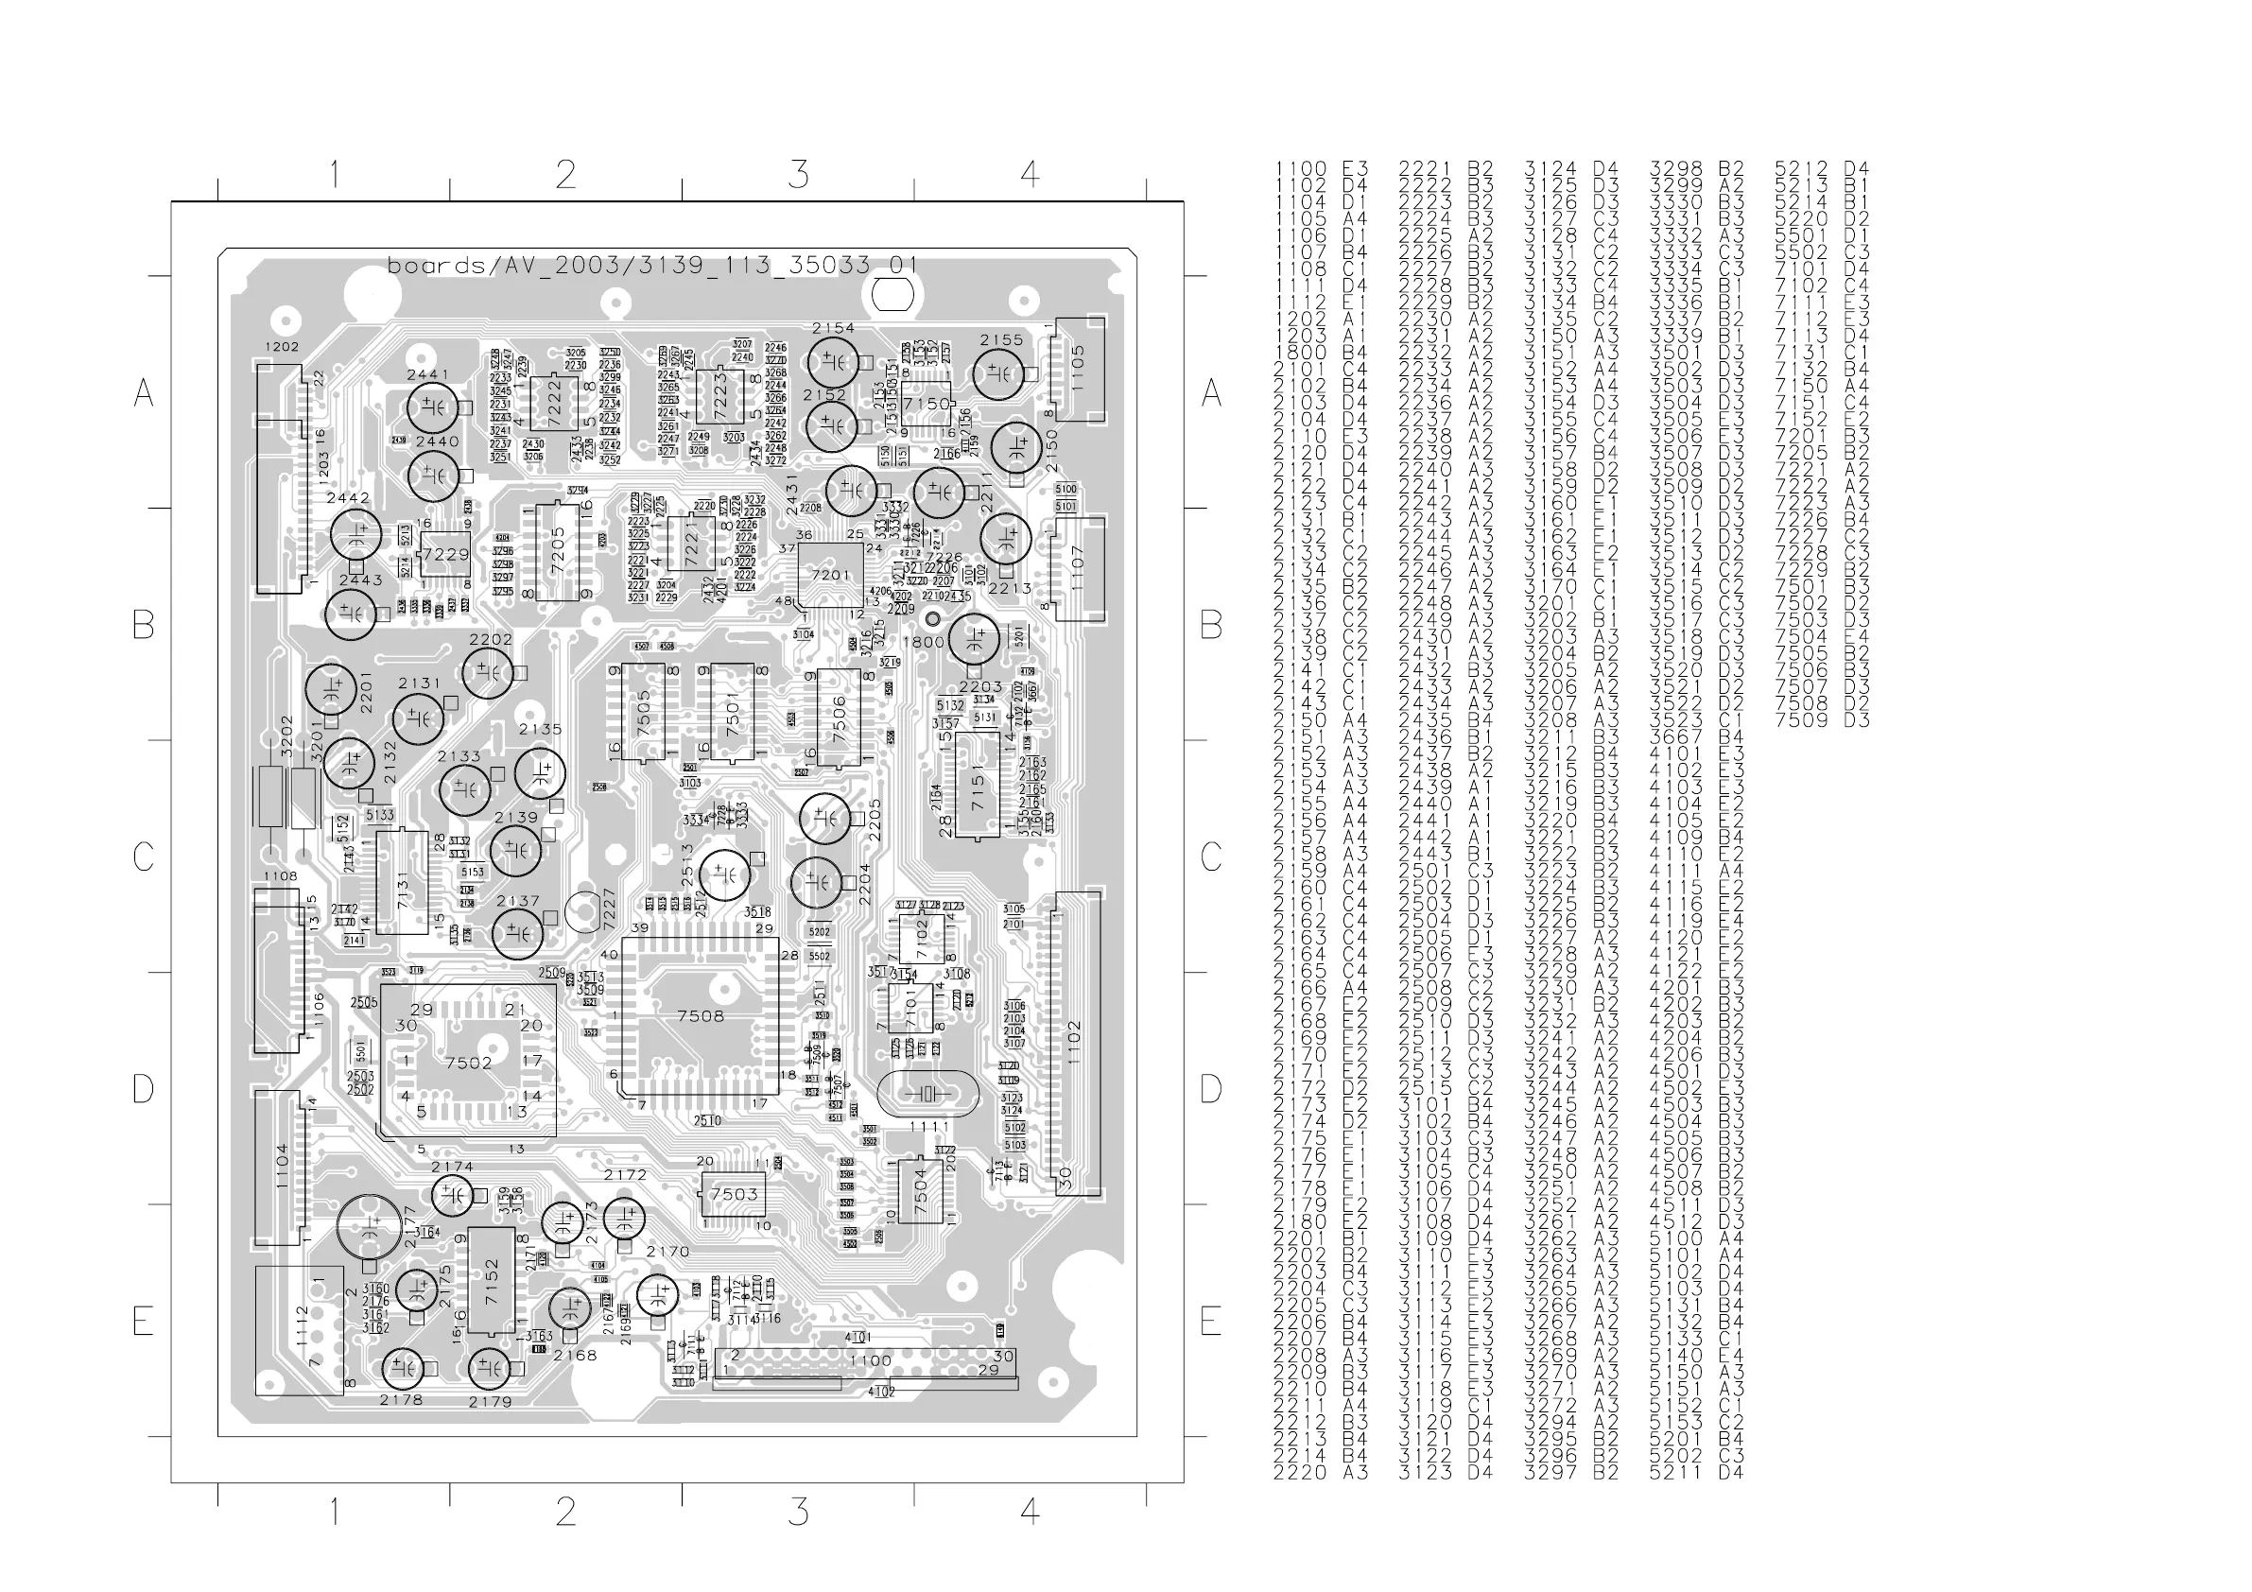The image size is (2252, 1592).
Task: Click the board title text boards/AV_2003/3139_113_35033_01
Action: [652, 265]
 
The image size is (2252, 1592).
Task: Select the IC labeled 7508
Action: [701, 1016]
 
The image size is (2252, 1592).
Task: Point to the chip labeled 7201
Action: [831, 576]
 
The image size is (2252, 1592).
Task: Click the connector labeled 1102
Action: [1076, 1043]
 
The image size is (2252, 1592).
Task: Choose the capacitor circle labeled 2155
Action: [998, 373]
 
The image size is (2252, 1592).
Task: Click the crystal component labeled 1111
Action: [927, 1094]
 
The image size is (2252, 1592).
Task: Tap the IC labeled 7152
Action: [492, 1280]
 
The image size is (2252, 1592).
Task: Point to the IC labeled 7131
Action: [402, 882]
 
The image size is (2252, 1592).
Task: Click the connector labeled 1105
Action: [1078, 369]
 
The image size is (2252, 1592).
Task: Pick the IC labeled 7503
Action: [734, 1195]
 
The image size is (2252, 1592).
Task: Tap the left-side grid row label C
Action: [143, 857]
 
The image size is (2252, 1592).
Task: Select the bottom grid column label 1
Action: [334, 1512]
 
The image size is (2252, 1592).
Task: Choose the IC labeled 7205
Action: [557, 551]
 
